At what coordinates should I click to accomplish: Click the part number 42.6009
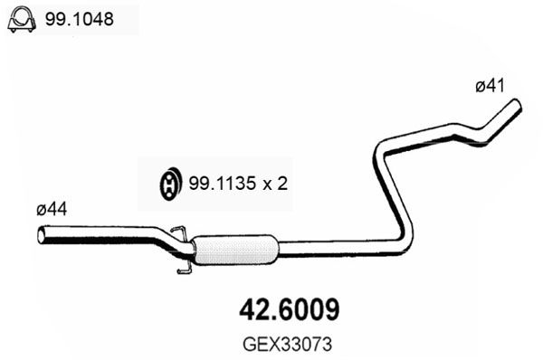coord(290,310)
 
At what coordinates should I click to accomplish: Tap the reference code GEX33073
coord(288,345)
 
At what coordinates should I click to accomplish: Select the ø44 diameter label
coord(52,210)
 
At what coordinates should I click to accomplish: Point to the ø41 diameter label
coord(490,86)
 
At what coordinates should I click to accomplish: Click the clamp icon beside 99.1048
coord(22,19)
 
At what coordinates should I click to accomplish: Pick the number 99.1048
coord(80,19)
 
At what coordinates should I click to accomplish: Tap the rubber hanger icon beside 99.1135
coord(170,184)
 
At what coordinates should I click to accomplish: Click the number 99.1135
coord(223,184)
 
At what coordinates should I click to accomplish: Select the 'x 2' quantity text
coord(276,184)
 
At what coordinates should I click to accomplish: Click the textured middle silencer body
coord(235,250)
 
